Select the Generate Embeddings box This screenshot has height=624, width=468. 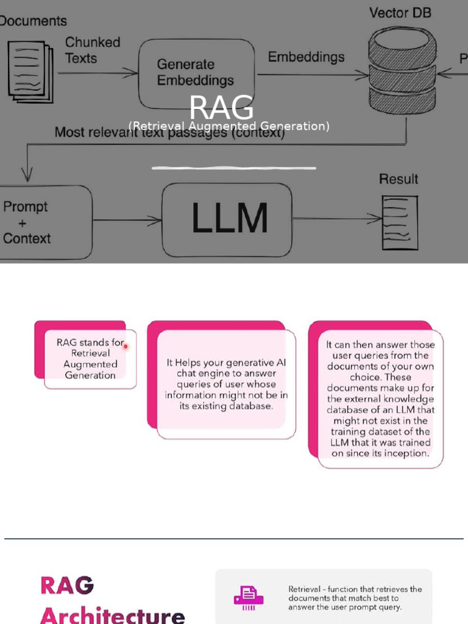[196, 73]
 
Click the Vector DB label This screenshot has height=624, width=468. [400, 13]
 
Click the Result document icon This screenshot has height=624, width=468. [400, 222]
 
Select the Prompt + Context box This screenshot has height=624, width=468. [43, 222]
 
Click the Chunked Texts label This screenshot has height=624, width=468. [93, 51]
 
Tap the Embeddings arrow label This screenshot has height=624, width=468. [306, 57]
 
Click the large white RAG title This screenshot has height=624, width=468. [221, 108]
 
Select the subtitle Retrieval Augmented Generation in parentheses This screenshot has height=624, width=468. [229, 126]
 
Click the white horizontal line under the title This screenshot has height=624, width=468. [234, 168]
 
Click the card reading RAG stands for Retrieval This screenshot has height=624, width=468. [90, 359]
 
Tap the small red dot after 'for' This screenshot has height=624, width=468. [126, 346]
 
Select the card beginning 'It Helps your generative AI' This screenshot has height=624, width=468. [226, 384]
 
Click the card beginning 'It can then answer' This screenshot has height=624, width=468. [380, 399]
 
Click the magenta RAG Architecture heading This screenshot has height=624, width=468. [112, 600]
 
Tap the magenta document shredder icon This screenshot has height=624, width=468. [249, 598]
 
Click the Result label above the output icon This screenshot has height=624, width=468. [399, 179]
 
